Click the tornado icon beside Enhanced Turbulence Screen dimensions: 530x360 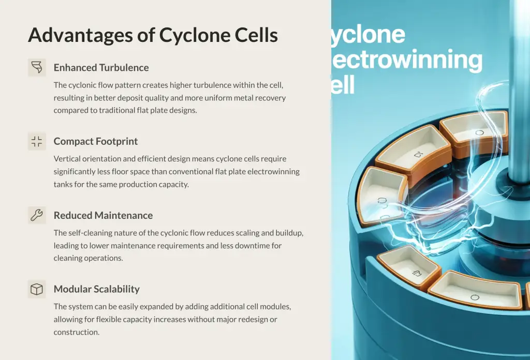(37, 67)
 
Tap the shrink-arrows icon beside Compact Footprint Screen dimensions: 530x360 (37, 141)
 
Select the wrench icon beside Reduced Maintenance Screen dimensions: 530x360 (37, 215)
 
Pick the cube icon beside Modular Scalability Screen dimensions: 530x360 (37, 289)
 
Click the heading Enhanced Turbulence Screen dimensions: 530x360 (101, 68)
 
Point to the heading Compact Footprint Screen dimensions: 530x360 (96, 141)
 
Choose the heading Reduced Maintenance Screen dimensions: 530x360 (103, 215)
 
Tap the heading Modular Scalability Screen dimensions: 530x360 (97, 289)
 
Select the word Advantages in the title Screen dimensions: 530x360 (80, 36)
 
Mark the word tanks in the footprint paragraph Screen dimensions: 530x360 (63, 184)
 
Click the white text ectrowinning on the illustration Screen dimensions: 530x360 (407, 59)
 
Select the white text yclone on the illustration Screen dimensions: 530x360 (368, 34)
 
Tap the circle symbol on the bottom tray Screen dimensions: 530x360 (475, 297)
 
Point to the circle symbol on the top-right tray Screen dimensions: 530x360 (479, 132)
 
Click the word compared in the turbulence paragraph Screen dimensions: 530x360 (70, 111)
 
